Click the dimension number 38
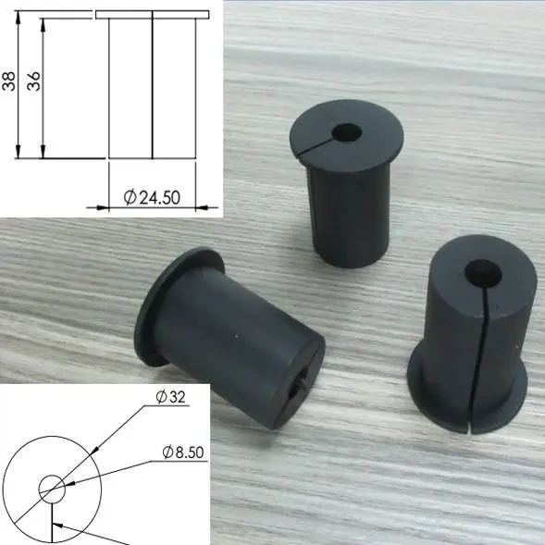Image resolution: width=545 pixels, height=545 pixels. (x=9, y=83)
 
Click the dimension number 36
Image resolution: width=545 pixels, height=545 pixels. (x=34, y=82)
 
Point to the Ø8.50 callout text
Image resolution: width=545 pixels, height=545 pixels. (x=182, y=452)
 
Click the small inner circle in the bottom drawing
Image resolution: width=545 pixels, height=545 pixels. (x=51, y=489)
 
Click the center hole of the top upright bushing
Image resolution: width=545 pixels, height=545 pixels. (x=350, y=132)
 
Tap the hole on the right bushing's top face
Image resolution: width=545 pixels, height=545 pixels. (x=482, y=272)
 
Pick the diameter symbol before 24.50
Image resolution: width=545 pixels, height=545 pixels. (x=130, y=197)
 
